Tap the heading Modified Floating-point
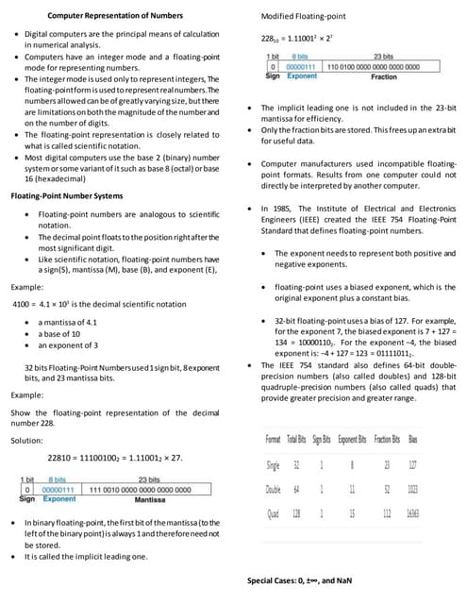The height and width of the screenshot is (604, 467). coord(304,17)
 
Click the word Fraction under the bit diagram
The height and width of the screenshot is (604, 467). coord(383,75)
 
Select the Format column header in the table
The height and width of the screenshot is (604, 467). coord(273,442)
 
